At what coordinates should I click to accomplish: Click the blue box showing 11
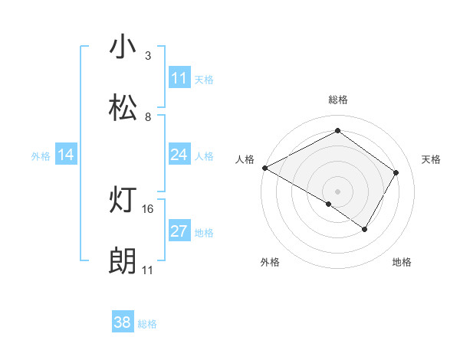click(x=179, y=78)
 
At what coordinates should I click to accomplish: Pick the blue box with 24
click(x=179, y=155)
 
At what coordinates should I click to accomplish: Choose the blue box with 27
click(x=179, y=231)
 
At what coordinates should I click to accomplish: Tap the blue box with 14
click(x=66, y=155)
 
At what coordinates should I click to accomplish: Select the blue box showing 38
click(x=123, y=322)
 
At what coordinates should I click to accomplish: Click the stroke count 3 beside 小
click(x=148, y=56)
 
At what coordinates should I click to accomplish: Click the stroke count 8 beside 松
click(x=148, y=117)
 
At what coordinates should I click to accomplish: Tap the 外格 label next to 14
click(x=41, y=155)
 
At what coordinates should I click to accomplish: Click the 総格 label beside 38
click(x=147, y=324)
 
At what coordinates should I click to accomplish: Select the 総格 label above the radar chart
click(x=337, y=100)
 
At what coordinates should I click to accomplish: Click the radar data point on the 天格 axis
click(x=396, y=172)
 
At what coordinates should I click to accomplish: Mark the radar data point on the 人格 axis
click(x=264, y=167)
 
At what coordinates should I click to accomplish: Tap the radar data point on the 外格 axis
click(x=329, y=204)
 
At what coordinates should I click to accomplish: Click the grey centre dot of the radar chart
click(x=337, y=191)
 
